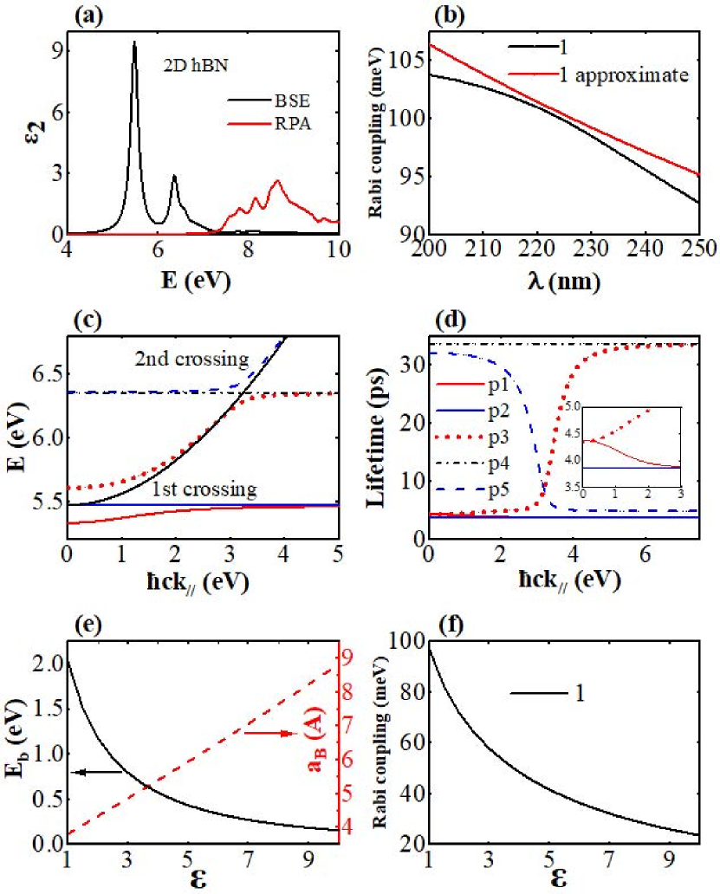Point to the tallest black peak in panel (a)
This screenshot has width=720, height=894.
pos(134,43)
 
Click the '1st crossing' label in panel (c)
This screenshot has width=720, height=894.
pos(204,489)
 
